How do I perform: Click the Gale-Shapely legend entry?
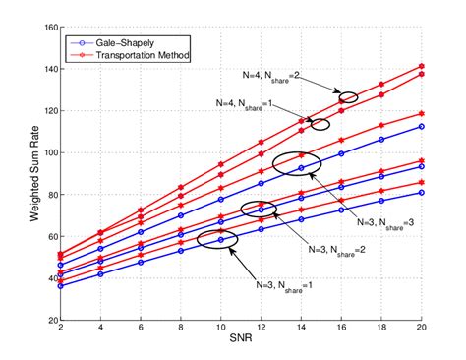(x=128, y=42)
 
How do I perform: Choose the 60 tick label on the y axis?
(x=49, y=236)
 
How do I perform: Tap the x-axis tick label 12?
(x=262, y=330)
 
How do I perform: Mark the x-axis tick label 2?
(x=61, y=330)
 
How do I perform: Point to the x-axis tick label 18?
(x=381, y=330)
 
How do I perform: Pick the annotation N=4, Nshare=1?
(x=247, y=102)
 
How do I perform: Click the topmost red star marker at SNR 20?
(x=422, y=66)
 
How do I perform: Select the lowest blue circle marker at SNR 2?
(x=61, y=285)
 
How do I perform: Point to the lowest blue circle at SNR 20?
(x=422, y=193)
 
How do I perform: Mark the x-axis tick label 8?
(x=181, y=330)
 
